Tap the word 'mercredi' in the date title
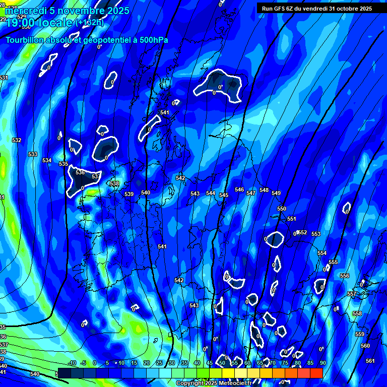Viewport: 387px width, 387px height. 26,11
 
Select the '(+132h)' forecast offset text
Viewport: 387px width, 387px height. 90,22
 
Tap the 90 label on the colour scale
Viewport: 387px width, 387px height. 322,363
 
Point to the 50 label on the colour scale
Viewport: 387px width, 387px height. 222,363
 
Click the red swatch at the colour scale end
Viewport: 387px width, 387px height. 316,373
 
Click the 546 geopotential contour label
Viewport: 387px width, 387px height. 239,190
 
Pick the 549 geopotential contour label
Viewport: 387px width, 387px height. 276,193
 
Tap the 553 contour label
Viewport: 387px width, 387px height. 316,234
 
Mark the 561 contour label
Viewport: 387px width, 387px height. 370,361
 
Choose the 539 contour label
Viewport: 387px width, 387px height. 129,194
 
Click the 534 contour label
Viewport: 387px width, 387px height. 47,160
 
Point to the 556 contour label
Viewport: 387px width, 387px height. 345,276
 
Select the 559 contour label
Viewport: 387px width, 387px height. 360,334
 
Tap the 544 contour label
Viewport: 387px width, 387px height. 211,193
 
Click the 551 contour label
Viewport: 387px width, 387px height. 292,219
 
